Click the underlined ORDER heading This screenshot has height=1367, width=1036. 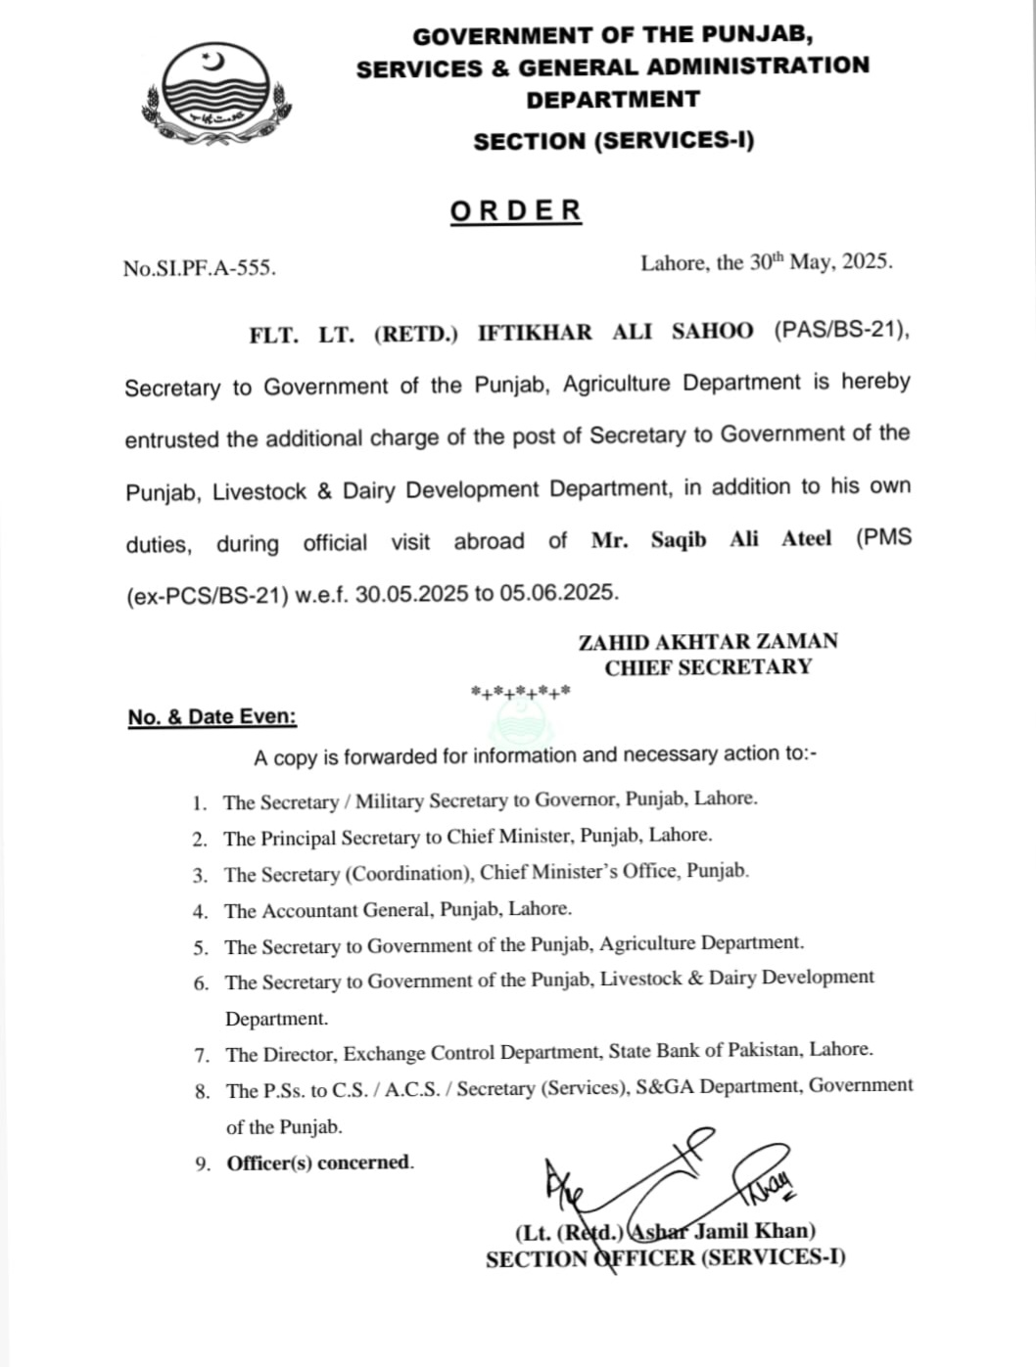click(516, 210)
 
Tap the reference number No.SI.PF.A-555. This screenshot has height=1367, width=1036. click(200, 268)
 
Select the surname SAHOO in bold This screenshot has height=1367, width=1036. click(712, 332)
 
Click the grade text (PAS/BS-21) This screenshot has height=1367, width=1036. click(840, 332)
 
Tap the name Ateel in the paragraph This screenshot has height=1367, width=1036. click(806, 538)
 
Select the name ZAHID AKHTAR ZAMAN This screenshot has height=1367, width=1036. click(708, 642)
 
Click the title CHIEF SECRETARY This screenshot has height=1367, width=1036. click(708, 667)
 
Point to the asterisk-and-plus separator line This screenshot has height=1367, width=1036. click(521, 694)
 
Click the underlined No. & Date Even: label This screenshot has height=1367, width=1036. click(212, 717)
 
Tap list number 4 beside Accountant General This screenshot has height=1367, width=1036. click(201, 912)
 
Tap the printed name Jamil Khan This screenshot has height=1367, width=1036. click(754, 1231)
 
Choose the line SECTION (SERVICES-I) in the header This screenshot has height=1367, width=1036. click(614, 141)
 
